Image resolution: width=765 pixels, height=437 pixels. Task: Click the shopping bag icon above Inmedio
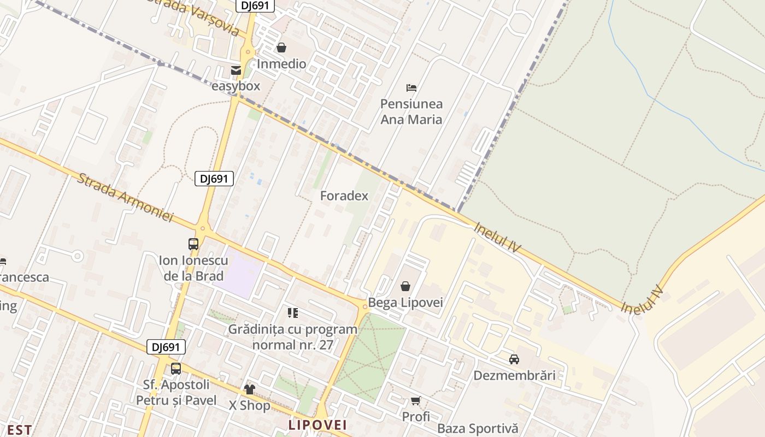(281, 48)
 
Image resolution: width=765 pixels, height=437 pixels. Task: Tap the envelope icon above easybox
(236, 70)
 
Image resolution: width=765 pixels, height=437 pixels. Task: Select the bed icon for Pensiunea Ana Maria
(411, 87)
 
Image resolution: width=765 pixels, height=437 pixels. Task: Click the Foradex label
(344, 196)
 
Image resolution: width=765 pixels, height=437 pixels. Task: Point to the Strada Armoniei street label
(125, 198)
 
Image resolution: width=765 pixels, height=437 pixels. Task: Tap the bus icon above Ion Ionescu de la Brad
(193, 244)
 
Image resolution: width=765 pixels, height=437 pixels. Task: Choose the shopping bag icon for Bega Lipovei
(405, 286)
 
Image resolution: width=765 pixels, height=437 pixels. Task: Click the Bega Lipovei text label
(405, 303)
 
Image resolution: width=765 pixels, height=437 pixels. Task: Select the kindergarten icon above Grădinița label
(293, 313)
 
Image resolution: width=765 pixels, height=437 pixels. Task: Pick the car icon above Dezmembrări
(514, 359)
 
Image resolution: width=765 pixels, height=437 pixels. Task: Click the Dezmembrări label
(514, 375)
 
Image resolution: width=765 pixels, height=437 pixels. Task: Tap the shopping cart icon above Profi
(416, 401)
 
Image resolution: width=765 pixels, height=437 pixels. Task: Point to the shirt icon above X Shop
(250, 389)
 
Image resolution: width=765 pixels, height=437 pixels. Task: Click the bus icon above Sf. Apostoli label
(176, 369)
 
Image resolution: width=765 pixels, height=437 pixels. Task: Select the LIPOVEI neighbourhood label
(317, 425)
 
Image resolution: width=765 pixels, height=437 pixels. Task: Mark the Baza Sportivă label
(478, 429)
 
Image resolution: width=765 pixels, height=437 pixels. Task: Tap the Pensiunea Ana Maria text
(411, 111)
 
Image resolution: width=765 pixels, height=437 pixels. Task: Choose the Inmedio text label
(281, 64)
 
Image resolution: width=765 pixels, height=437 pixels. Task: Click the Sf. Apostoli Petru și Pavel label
(176, 393)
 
